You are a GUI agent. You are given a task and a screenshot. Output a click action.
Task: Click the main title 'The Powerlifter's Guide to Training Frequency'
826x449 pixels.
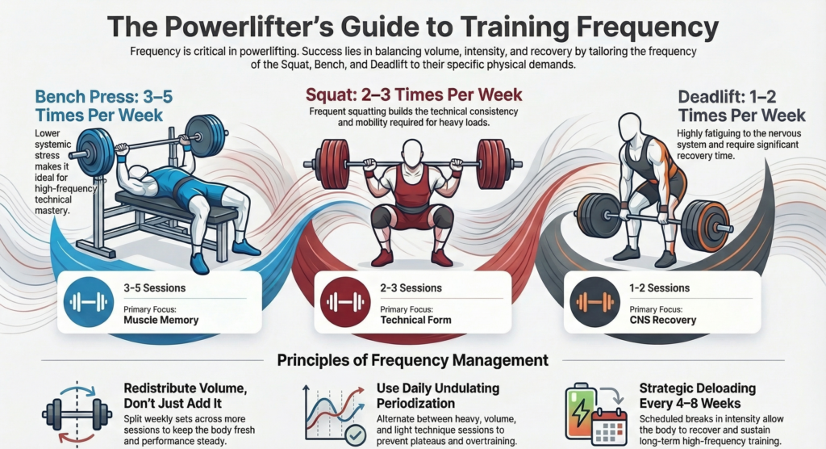[412, 27]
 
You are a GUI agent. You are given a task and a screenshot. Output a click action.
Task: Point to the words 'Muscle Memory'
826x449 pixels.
[161, 320]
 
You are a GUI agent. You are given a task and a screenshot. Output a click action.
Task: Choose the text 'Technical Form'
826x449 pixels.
[415, 320]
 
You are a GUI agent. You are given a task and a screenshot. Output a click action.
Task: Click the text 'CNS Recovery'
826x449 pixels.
[663, 320]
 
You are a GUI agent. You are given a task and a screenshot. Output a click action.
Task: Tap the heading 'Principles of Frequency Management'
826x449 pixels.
[412, 360]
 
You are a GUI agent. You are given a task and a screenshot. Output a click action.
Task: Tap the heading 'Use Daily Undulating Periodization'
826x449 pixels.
[437, 395]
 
